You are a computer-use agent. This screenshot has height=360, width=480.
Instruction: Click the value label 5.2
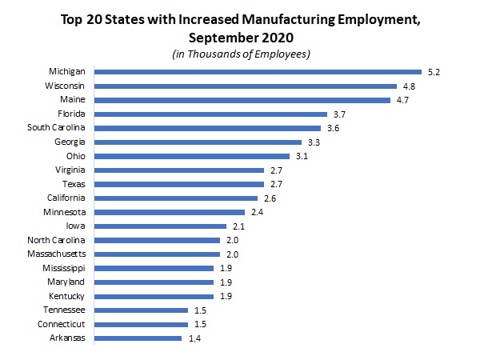click(x=434, y=71)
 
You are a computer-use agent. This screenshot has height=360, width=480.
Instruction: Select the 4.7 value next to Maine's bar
click(x=403, y=100)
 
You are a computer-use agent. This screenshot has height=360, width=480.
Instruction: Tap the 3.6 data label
click(x=334, y=128)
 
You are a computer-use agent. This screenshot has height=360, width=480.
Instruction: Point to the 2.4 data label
click(x=258, y=212)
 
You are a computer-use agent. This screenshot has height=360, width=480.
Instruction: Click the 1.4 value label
click(x=194, y=338)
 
